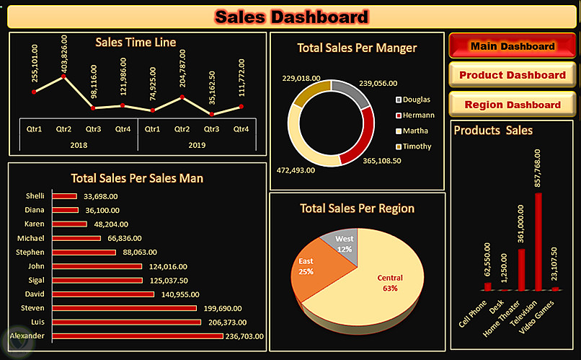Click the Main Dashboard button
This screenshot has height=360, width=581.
click(512, 46)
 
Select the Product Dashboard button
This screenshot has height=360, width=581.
click(512, 75)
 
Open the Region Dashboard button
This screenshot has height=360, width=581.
click(512, 105)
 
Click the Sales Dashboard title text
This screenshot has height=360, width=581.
click(291, 16)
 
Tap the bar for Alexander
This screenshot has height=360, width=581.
click(136, 335)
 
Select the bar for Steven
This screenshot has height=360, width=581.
click(123, 308)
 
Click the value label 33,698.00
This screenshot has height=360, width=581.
click(101, 196)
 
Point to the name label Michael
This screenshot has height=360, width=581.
click(31, 238)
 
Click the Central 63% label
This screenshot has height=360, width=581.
click(390, 283)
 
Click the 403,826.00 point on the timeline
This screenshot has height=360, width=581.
click(65, 75)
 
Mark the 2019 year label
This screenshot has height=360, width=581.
click(196, 145)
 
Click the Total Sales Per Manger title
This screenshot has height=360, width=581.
click(357, 48)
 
